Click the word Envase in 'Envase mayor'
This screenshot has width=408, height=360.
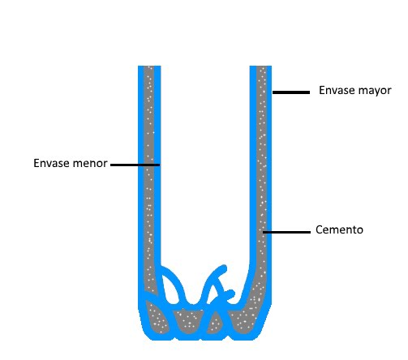point(334,90)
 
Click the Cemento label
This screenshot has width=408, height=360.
point(339,229)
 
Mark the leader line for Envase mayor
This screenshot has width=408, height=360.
point(291,92)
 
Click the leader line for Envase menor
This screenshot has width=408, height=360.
point(135,165)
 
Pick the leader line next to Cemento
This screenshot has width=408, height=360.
point(286,232)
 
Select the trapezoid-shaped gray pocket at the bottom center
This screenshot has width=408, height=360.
point(189,321)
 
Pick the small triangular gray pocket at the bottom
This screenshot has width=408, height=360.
point(215,324)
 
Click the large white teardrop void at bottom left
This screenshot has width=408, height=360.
point(170,289)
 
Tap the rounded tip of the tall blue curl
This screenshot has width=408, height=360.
point(225,268)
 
